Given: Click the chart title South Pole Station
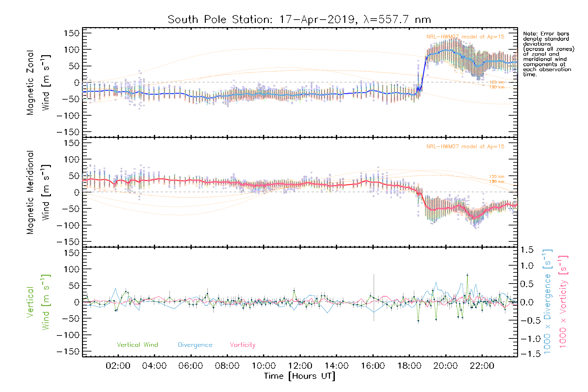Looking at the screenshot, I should (x=299, y=20).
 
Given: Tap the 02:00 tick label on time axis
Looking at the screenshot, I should (x=118, y=366).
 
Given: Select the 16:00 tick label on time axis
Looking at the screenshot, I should (x=373, y=366).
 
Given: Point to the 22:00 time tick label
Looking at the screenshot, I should (x=482, y=366).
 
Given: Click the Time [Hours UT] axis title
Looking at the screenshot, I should (x=300, y=376).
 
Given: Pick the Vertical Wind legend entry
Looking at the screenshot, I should (x=137, y=345).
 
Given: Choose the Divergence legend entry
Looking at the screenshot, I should (x=195, y=345).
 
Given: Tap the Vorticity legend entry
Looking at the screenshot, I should (x=242, y=345).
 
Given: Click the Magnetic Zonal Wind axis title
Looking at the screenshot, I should (x=38, y=82).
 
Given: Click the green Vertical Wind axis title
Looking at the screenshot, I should (x=38, y=302).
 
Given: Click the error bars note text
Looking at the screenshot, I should (x=548, y=54).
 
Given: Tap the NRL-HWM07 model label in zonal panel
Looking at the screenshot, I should (x=465, y=37).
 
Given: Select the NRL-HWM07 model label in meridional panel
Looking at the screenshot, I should (x=465, y=147).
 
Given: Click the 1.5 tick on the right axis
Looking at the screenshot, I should (x=527, y=250).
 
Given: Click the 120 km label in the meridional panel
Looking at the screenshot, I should (x=497, y=177).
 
